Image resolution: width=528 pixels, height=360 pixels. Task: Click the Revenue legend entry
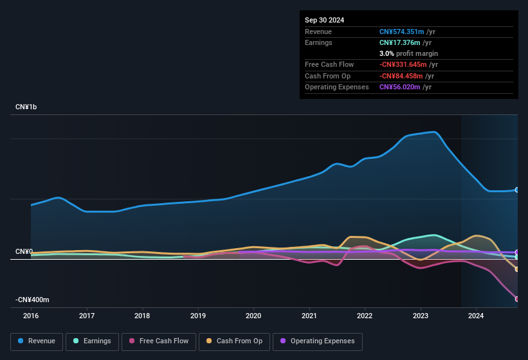37,341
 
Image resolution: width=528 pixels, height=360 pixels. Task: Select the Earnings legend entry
92,341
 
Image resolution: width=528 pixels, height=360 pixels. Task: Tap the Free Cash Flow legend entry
158,341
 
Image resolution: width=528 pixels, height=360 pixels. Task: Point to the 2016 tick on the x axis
31,316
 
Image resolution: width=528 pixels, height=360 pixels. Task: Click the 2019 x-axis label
198,316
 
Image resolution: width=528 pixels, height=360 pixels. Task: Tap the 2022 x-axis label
365,316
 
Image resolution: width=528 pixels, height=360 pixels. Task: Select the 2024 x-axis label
476,316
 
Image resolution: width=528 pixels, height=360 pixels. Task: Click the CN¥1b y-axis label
26,107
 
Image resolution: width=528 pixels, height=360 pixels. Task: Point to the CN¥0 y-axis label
24,251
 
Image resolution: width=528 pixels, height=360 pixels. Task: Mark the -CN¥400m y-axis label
33,300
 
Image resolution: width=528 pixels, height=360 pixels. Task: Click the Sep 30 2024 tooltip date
324,20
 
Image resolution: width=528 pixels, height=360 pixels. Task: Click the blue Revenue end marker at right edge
517,190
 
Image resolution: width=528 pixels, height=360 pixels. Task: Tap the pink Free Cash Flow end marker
517,299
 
